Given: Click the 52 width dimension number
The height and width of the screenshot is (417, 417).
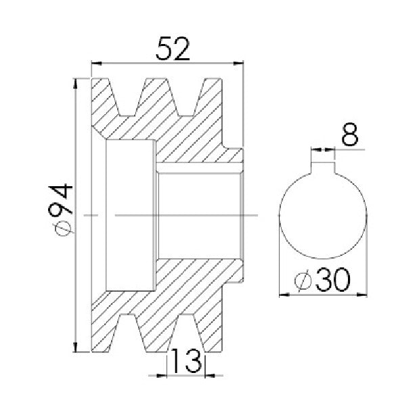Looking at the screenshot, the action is [x=173, y=49].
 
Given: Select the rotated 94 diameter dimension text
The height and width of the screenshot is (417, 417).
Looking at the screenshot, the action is [x=60, y=200].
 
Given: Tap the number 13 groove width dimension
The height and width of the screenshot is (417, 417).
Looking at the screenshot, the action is [x=186, y=361].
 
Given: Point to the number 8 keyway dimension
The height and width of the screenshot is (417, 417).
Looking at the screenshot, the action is [x=350, y=134].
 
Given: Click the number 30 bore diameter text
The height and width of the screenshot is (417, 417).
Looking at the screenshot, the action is [x=332, y=280].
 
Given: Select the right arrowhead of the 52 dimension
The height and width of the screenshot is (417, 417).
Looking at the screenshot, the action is [x=238, y=64].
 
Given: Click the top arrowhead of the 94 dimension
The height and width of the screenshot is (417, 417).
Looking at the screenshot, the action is [x=75, y=83].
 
